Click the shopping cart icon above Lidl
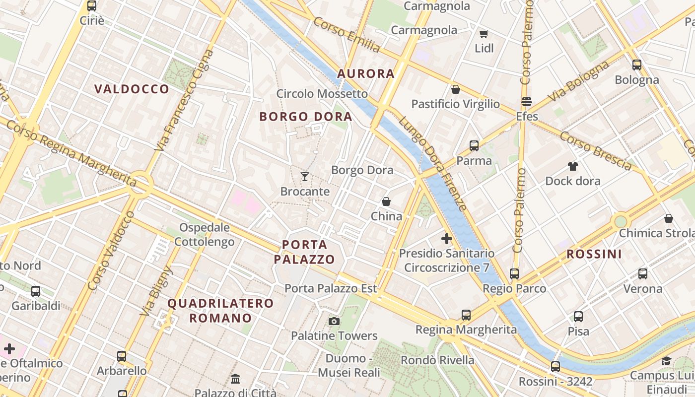(484, 34)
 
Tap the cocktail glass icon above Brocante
(305, 176)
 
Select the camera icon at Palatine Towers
(334, 321)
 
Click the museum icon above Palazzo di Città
(235, 379)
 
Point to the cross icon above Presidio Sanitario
(447, 239)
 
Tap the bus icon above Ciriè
(92, 6)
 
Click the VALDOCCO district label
(132, 89)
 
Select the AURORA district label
(366, 74)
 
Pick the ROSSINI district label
(594, 254)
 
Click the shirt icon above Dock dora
(573, 166)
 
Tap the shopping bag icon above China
(386, 201)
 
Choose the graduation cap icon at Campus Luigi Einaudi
(666, 361)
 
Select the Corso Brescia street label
(596, 151)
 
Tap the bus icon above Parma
(474, 146)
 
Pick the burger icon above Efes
(527, 102)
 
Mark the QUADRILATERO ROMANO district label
(220, 310)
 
